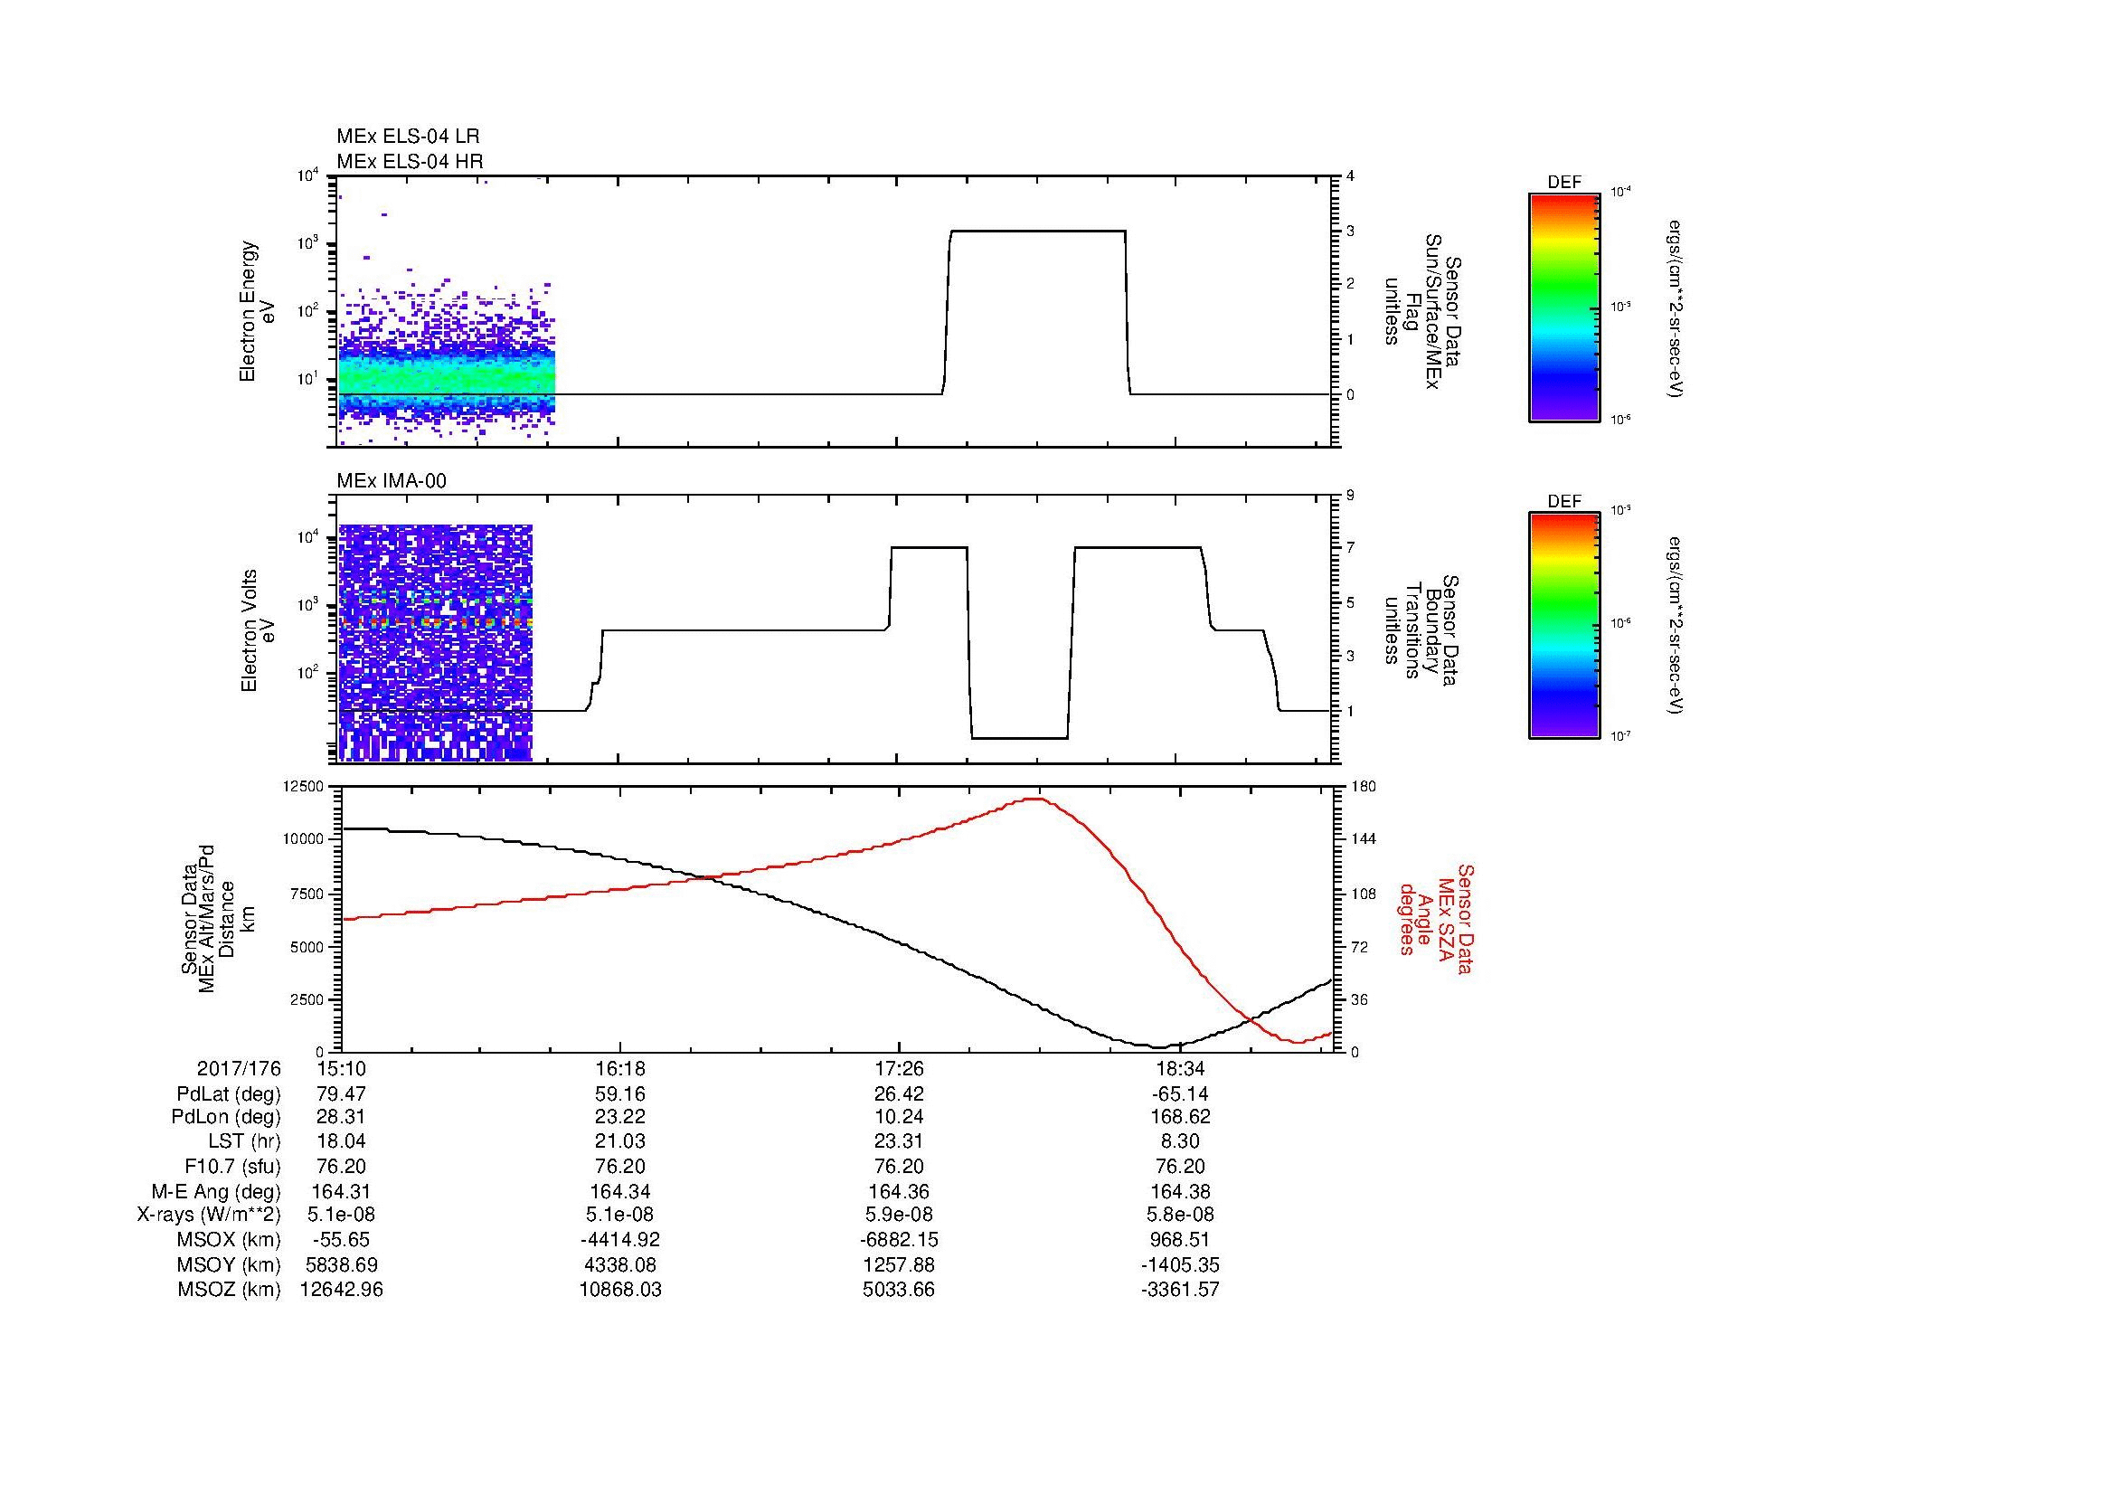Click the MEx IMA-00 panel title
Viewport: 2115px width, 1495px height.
pyautogui.click(x=392, y=481)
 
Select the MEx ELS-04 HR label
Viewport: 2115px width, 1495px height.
pyautogui.click(x=409, y=162)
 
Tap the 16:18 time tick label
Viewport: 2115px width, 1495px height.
pyautogui.click(x=620, y=1069)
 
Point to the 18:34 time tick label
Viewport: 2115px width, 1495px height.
pyautogui.click(x=1179, y=1069)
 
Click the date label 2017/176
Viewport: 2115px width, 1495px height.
pyautogui.click(x=239, y=1069)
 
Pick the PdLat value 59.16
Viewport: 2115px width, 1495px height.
pyautogui.click(x=620, y=1094)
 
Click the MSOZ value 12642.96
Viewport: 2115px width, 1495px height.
pyautogui.click(x=341, y=1290)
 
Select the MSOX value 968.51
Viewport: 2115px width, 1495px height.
pyautogui.click(x=1179, y=1240)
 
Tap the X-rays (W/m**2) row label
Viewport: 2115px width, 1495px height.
pyautogui.click(x=208, y=1215)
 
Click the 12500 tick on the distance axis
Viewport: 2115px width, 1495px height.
pyautogui.click(x=304, y=786)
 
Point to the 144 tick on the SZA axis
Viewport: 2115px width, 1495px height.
pyautogui.click(x=1364, y=839)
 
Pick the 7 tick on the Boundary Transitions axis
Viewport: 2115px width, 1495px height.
pyautogui.click(x=1350, y=548)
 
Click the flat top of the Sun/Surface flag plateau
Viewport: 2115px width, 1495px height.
pyautogui.click(x=1037, y=232)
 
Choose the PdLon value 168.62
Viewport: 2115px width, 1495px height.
pyautogui.click(x=1179, y=1117)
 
